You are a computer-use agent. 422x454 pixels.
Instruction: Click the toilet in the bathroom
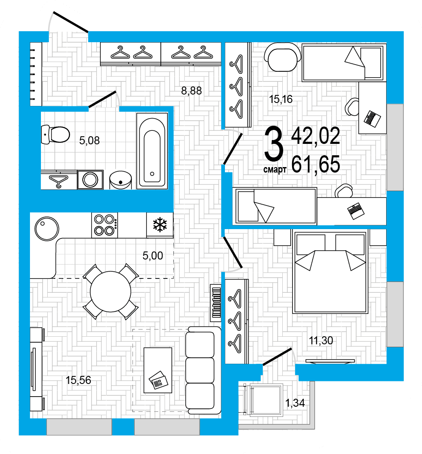tap(55, 134)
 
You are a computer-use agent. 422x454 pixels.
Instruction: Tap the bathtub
tap(152, 151)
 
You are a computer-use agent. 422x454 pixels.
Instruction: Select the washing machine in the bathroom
tap(90, 180)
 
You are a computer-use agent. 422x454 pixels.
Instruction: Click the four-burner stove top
tap(105, 225)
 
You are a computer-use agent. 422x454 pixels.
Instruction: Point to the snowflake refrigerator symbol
tap(160, 225)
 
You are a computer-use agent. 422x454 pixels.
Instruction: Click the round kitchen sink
tap(47, 228)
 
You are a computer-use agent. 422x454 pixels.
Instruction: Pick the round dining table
tap(110, 292)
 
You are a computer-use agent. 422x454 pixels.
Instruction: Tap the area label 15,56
tap(78, 380)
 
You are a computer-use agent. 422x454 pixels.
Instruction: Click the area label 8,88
tap(191, 91)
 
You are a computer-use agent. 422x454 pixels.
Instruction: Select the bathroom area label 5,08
tap(89, 141)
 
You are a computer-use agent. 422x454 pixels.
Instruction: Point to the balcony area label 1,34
tap(295, 403)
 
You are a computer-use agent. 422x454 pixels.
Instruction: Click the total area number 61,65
tap(316, 165)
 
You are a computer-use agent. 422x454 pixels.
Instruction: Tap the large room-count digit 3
tap(273, 144)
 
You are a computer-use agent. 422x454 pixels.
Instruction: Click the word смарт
tap(275, 169)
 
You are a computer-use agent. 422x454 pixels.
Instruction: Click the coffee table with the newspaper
tap(158, 370)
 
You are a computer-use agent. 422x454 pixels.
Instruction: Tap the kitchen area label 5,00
tap(153, 256)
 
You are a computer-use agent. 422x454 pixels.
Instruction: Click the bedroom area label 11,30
tap(321, 340)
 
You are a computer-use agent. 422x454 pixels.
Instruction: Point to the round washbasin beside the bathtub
tap(121, 180)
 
